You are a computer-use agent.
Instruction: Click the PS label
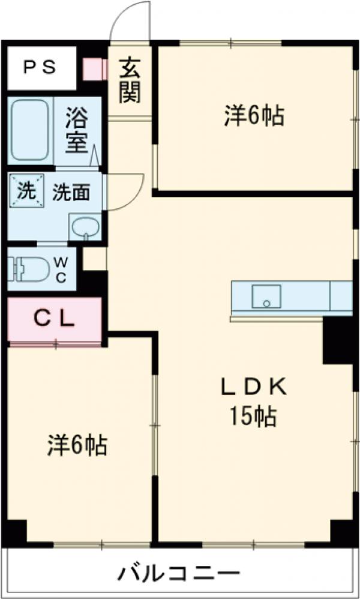[40, 67]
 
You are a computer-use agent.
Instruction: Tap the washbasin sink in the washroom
[85, 226]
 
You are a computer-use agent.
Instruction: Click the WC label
[61, 268]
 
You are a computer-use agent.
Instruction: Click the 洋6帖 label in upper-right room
[254, 115]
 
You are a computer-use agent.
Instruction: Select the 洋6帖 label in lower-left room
[77, 445]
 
